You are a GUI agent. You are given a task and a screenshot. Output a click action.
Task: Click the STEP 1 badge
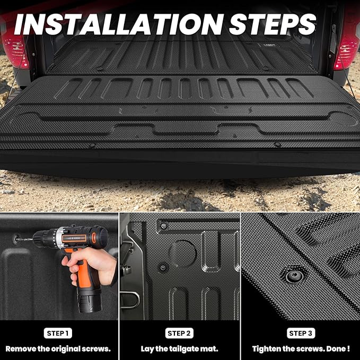point(59,333)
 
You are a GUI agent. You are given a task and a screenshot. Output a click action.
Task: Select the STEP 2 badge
point(180,333)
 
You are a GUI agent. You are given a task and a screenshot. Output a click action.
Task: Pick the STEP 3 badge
point(300,333)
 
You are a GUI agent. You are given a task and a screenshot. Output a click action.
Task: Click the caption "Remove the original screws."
point(59,349)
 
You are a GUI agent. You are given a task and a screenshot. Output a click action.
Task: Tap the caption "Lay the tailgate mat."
point(180,349)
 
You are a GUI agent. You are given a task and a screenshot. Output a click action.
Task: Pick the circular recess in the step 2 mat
point(183,253)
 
